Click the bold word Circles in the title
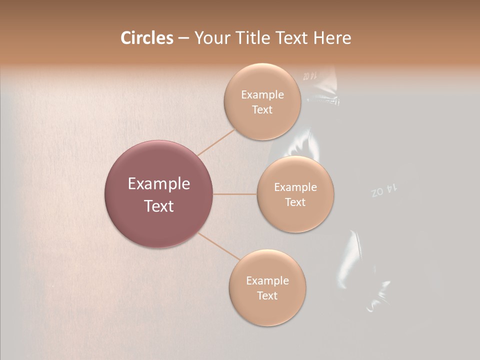(x=146, y=38)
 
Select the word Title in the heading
(x=255, y=38)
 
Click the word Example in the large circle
(x=158, y=184)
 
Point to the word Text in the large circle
(x=158, y=206)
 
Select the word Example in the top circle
(x=262, y=95)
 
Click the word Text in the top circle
(x=262, y=110)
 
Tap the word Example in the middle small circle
(x=295, y=187)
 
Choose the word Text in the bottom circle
(x=267, y=296)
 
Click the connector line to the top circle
(x=216, y=142)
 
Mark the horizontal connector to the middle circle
(x=235, y=194)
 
